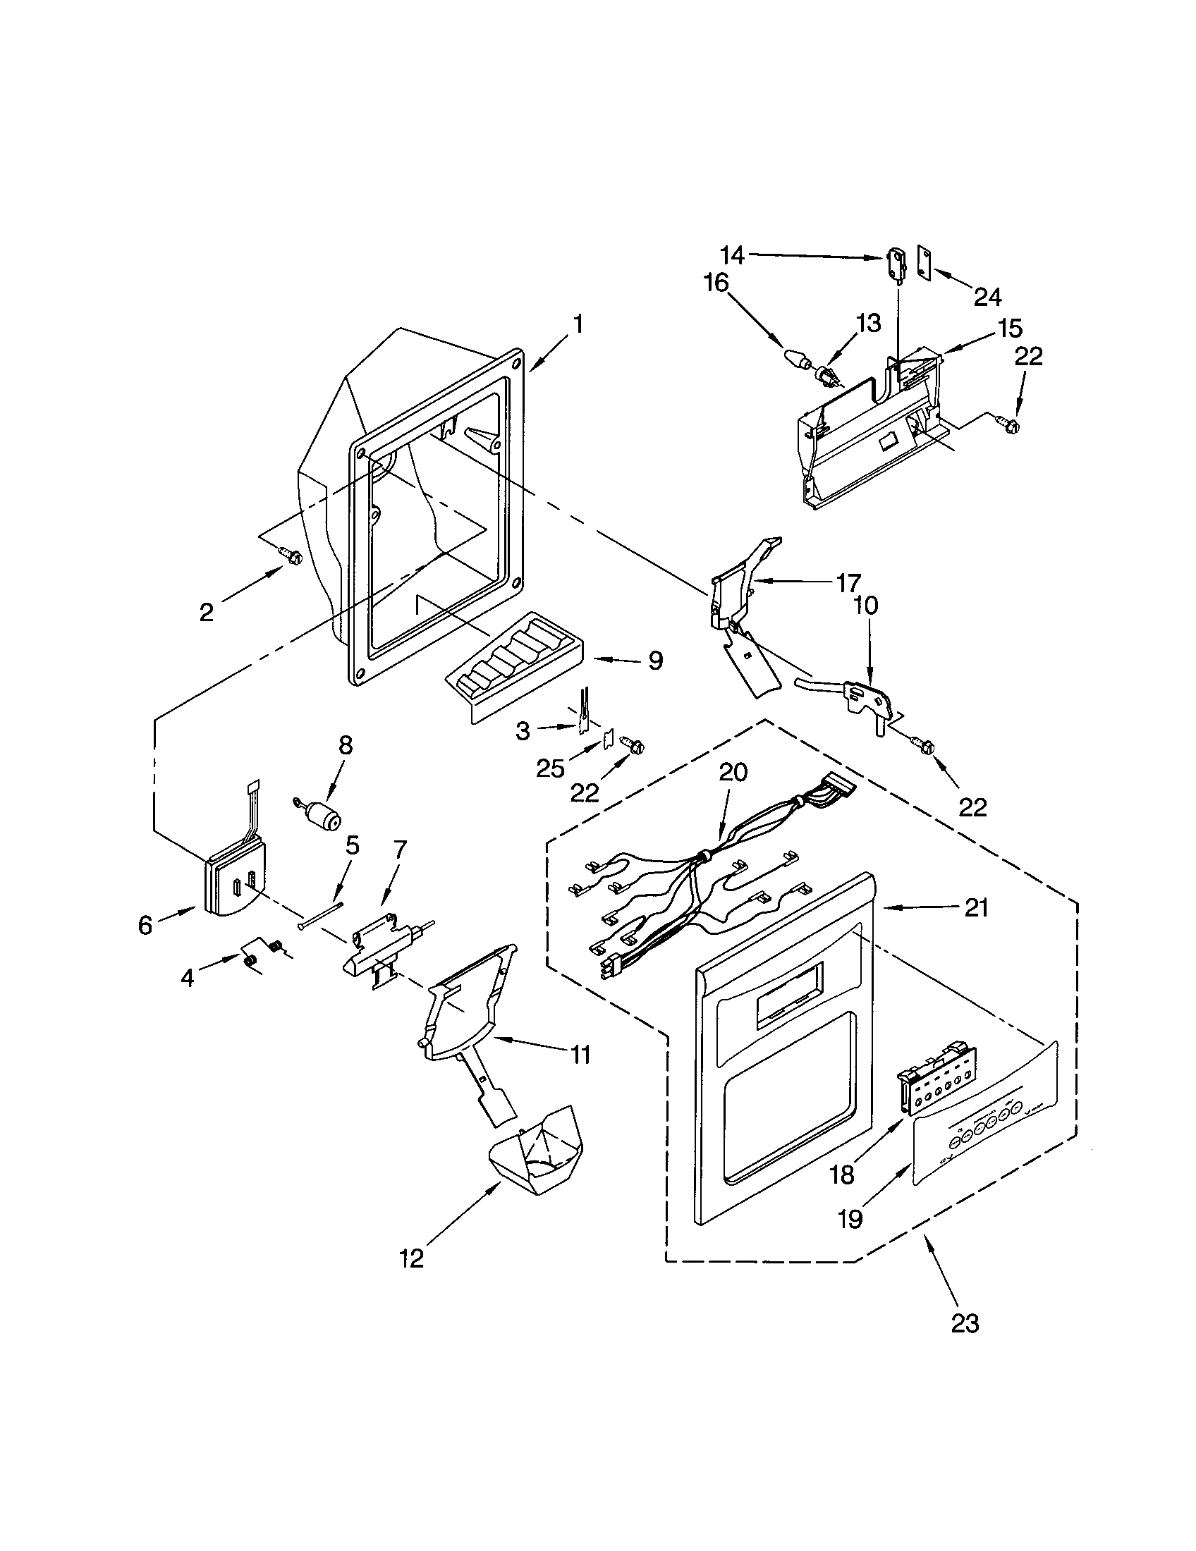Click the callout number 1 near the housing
pos(579,325)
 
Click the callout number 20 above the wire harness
pos(733,772)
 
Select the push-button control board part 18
pos(931,1072)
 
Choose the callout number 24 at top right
pos(987,297)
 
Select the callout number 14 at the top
pos(732,255)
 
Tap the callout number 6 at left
pos(145,925)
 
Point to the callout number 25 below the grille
pos(551,768)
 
